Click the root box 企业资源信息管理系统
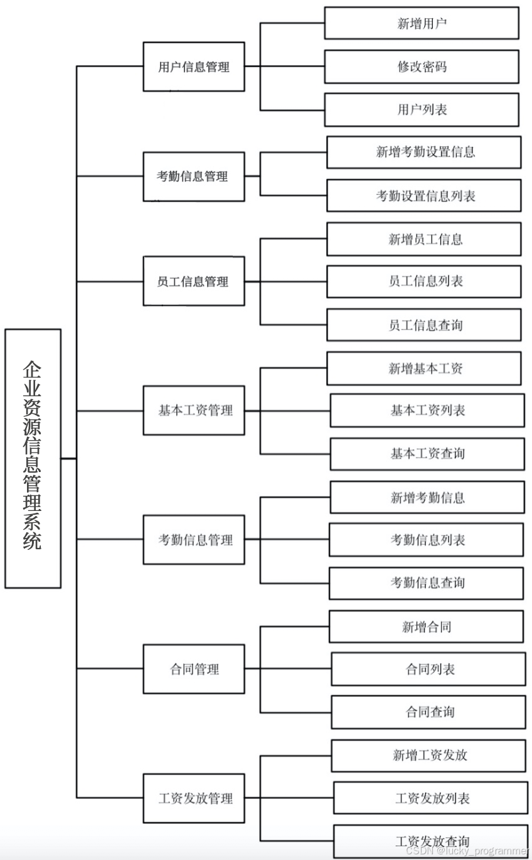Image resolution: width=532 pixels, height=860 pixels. [33, 458]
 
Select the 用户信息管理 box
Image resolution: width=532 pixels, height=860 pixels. [194, 67]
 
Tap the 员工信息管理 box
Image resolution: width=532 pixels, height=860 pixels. [194, 281]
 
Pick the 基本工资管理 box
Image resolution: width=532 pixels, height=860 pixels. [194, 411]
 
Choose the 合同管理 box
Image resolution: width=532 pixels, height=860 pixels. [194, 669]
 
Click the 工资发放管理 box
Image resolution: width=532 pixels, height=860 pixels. [194, 798]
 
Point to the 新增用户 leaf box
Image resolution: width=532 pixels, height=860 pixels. [422, 23]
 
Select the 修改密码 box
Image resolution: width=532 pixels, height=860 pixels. [422, 67]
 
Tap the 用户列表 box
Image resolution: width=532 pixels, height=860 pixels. [422, 109]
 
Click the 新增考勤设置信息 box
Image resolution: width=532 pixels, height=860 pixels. [424, 152]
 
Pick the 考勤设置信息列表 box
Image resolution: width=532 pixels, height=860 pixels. [424, 195]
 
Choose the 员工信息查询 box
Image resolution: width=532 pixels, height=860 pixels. [424, 325]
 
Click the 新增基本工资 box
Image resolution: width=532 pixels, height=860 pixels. [424, 368]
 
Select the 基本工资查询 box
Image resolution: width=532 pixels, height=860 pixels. [427, 453]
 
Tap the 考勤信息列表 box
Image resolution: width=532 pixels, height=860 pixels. [427, 540]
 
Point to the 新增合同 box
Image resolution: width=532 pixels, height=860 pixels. [427, 626]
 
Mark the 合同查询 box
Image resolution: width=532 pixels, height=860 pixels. [428, 712]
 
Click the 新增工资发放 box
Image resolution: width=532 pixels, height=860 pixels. [428, 755]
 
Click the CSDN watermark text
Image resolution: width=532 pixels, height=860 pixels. [467, 851]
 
